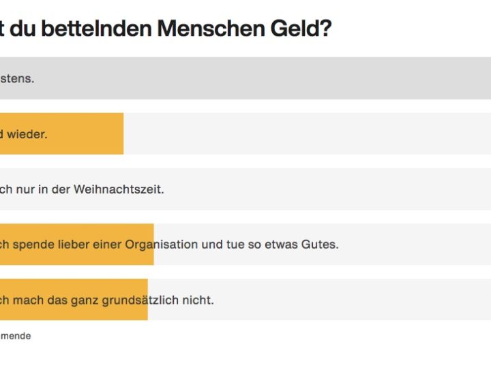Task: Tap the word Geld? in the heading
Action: pos(305,29)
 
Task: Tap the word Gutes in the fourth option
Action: pos(320,244)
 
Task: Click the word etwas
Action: pos(282,244)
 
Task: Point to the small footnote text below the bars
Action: pos(15,336)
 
